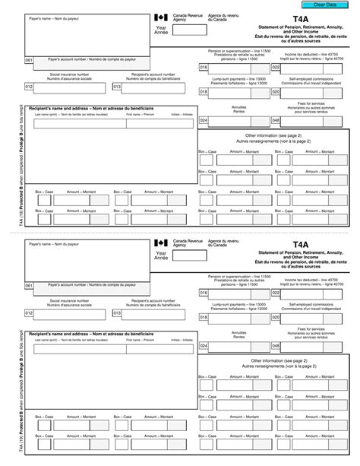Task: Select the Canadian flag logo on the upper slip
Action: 159,17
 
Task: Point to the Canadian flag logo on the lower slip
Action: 159,244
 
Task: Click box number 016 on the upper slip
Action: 204,68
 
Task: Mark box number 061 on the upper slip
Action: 29,59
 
